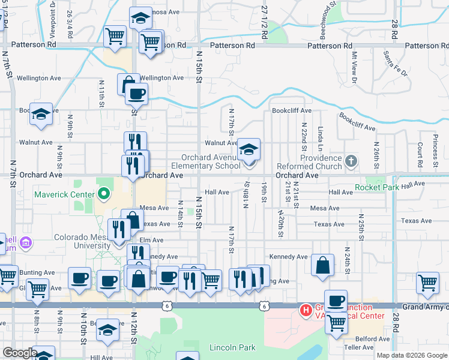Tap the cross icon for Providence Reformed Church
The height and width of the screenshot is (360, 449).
pos(352,161)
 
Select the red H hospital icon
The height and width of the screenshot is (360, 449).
pos(306,311)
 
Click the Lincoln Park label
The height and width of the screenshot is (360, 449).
pos(232,347)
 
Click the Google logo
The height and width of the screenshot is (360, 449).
pos(20,353)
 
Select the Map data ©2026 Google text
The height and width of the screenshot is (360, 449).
pos(412,355)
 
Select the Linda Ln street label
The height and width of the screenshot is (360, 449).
pos(321,139)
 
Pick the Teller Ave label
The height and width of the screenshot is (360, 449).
pos(358,347)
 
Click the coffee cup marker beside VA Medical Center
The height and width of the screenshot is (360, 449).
pos(336,301)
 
